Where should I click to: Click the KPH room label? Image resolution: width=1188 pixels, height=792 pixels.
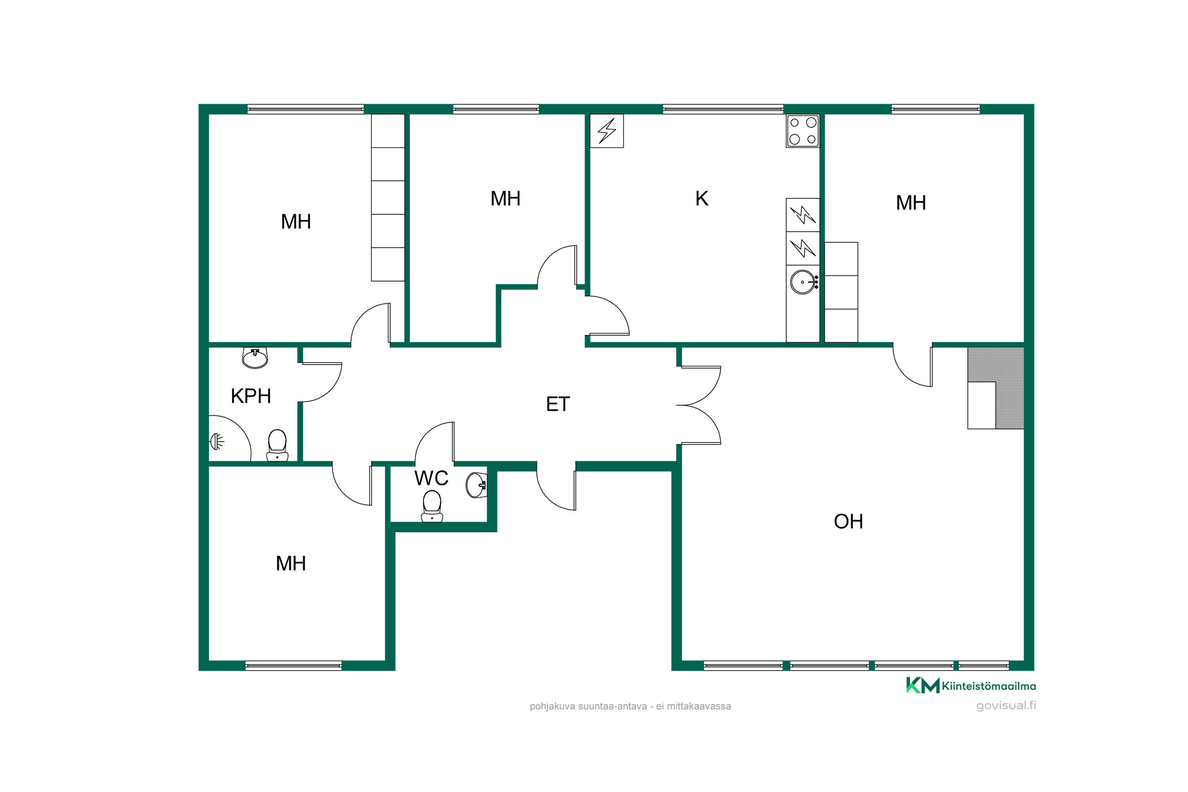click(251, 396)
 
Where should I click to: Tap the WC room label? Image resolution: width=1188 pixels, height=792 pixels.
click(431, 478)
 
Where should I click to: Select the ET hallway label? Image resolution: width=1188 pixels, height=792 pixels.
click(558, 404)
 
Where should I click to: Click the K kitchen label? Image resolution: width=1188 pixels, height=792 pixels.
click(702, 198)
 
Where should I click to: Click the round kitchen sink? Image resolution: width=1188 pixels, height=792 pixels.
click(803, 282)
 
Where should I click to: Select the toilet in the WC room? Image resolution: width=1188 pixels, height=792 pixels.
click(432, 506)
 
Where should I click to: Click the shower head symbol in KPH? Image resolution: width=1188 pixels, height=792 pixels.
click(217, 442)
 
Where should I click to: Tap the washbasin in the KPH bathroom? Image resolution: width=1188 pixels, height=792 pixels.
click(255, 358)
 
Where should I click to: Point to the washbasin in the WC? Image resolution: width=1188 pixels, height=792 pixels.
click(476, 485)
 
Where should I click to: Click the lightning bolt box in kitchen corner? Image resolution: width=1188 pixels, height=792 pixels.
click(607, 131)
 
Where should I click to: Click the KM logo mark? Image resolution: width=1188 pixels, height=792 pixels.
click(923, 685)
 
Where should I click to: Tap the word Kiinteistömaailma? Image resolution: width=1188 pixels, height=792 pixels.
click(989, 686)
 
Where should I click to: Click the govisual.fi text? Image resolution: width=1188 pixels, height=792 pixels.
click(1006, 706)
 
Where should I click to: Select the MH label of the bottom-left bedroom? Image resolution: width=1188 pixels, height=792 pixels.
click(291, 564)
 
